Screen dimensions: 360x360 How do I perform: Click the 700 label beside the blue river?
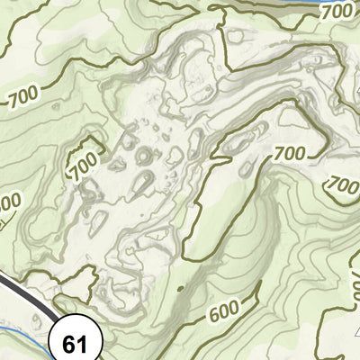335,12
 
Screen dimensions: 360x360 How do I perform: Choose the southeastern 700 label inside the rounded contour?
342,184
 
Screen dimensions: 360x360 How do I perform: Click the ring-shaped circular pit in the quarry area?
142,157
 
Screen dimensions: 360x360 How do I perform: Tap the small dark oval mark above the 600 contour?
177,289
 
